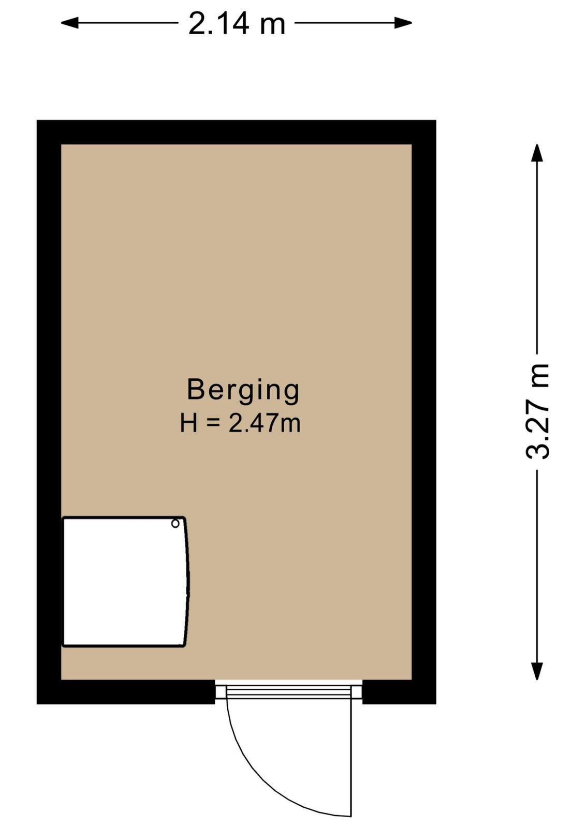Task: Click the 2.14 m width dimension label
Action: point(237,24)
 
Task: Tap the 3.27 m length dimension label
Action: point(537,411)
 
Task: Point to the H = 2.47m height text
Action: point(240,423)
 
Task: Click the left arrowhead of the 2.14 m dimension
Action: point(69,23)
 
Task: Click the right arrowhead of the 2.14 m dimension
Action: point(403,23)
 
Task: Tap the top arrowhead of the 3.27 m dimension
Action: point(537,153)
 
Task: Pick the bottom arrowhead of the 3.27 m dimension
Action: point(537,671)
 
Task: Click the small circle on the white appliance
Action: point(175,523)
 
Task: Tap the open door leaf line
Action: point(350,756)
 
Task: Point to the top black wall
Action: point(236,132)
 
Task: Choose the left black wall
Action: point(49,412)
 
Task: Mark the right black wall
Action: point(424,412)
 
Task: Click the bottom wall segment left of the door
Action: point(126,691)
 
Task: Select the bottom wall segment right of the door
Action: point(399,691)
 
